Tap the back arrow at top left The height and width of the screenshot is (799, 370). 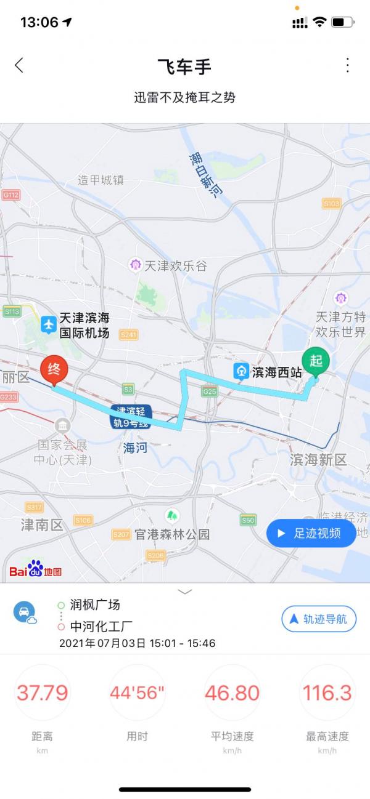[19, 65]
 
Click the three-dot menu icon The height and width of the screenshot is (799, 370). [348, 65]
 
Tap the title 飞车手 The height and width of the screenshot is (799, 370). [184, 66]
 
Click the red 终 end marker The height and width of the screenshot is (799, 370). [54, 371]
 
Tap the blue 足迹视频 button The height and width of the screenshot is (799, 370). [311, 533]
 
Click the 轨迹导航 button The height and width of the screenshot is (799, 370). [319, 619]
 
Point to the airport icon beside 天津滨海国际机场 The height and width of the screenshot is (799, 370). [49, 324]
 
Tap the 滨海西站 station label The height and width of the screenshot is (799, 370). [276, 372]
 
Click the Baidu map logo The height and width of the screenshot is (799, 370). [35, 569]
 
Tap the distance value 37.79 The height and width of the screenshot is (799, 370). [42, 693]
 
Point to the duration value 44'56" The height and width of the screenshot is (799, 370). [137, 693]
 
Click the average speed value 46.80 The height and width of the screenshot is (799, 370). [232, 693]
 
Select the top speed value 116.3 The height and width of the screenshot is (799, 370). [327, 693]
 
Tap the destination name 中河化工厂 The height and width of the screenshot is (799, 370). [101, 627]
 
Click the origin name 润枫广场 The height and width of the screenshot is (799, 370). [95, 604]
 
